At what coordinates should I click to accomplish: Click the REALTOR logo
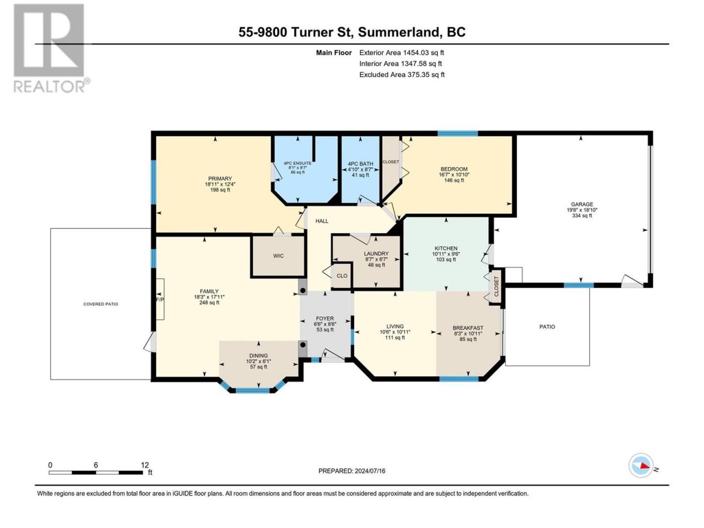(51, 48)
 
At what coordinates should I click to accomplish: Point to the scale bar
(96, 472)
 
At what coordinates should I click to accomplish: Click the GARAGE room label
(582, 204)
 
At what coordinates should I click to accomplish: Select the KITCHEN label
(446, 248)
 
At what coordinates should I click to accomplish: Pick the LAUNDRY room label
(376, 254)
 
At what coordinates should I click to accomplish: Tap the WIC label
(278, 256)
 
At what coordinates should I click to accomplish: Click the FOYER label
(324, 318)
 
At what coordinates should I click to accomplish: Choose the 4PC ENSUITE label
(298, 163)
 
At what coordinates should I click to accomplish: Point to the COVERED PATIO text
(101, 304)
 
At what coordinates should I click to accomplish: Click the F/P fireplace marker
(159, 299)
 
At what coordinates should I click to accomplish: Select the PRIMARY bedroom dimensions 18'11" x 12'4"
(220, 184)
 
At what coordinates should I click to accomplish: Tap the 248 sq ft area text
(209, 302)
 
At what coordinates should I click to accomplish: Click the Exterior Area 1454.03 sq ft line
(402, 53)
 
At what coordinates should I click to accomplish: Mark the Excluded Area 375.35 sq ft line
(402, 75)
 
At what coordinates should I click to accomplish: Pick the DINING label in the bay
(258, 355)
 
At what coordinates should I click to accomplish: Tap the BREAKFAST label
(468, 328)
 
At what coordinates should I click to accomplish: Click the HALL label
(322, 221)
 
